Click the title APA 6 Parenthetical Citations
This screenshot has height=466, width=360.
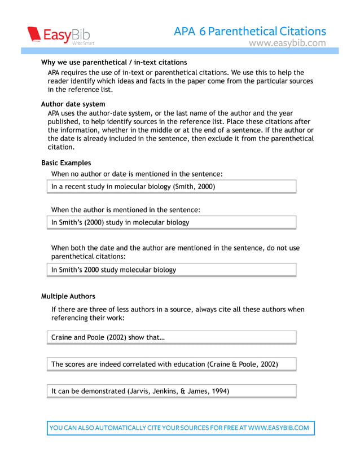click(x=250, y=31)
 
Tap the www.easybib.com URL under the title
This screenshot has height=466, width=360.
click(x=287, y=43)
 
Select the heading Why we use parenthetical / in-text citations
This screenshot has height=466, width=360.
click(x=114, y=62)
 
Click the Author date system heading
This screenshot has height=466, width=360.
click(x=73, y=104)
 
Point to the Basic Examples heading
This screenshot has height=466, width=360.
click(x=66, y=163)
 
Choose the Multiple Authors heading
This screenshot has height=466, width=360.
click(x=68, y=296)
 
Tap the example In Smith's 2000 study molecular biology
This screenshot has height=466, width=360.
click(x=113, y=270)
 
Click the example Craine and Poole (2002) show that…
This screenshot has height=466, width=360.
click(x=108, y=337)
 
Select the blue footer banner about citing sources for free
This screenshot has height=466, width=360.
click(x=179, y=428)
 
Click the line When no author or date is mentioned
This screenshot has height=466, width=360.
click(x=137, y=174)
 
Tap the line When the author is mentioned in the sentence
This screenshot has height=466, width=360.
click(x=126, y=210)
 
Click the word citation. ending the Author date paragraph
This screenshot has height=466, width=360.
click(x=61, y=147)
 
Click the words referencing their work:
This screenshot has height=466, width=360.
click(x=87, y=318)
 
